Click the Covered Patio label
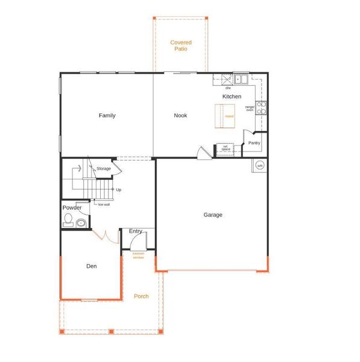pos(181,45)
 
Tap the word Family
pos(107,115)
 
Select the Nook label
pos(181,115)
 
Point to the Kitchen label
pos(232,97)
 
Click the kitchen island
pos(229,115)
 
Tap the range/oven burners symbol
pos(262,107)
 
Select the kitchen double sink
pos(242,78)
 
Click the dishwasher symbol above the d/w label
pos(226,78)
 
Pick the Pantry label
pos(254,143)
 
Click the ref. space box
pos(225,148)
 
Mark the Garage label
pos(212,215)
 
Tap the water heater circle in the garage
pos(260,165)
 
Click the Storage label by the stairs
pos(104,168)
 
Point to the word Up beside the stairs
pos(118,189)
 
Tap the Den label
pos(91,265)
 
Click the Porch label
pos(141,296)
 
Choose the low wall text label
pos(104,205)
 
